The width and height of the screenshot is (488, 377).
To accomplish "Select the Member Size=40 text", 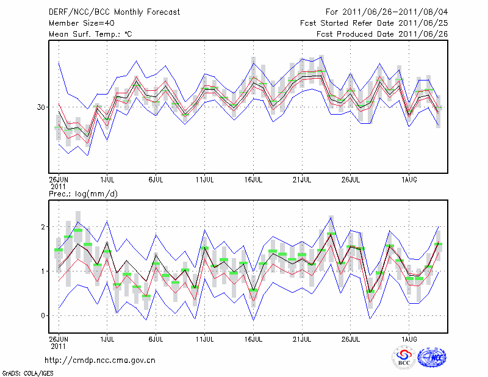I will point(77,23).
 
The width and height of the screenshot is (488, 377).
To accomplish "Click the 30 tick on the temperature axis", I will point(41,107).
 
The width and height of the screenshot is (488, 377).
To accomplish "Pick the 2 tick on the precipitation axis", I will point(44,227).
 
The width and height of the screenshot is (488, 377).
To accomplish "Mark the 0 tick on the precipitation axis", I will point(44,315).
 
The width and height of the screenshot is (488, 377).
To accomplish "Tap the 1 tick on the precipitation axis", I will point(44,271).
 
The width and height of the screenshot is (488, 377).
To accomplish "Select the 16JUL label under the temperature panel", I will point(254,180).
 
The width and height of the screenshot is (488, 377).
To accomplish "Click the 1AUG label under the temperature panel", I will point(409,180).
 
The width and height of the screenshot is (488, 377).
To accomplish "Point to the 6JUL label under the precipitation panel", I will point(156,337).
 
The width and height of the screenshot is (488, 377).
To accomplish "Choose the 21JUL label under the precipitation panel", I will point(303,337).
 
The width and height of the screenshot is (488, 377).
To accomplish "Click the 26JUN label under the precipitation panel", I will point(59,337).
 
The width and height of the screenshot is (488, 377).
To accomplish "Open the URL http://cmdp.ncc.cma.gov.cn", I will point(100,360).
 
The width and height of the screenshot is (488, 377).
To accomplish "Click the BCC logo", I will point(404,357).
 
